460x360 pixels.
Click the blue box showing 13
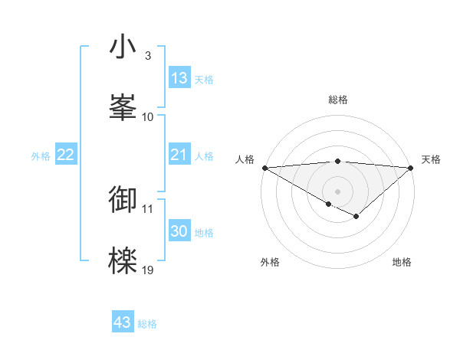(x=179, y=78)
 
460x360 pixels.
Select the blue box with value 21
(x=179, y=155)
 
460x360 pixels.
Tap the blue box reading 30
(x=179, y=232)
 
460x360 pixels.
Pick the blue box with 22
(x=66, y=155)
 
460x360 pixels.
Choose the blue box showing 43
(x=123, y=322)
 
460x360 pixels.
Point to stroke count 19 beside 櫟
(x=148, y=270)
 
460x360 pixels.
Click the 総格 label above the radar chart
(x=337, y=100)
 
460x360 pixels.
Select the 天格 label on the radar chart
(x=432, y=159)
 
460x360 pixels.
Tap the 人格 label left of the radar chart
(x=245, y=159)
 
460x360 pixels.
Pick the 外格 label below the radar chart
(x=270, y=263)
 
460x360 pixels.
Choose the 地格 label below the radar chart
(x=402, y=263)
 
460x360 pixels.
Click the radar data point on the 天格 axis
(x=411, y=167)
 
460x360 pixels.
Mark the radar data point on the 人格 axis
(x=264, y=167)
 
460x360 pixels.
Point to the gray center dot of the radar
(x=337, y=191)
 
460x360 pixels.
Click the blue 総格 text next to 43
(x=148, y=324)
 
